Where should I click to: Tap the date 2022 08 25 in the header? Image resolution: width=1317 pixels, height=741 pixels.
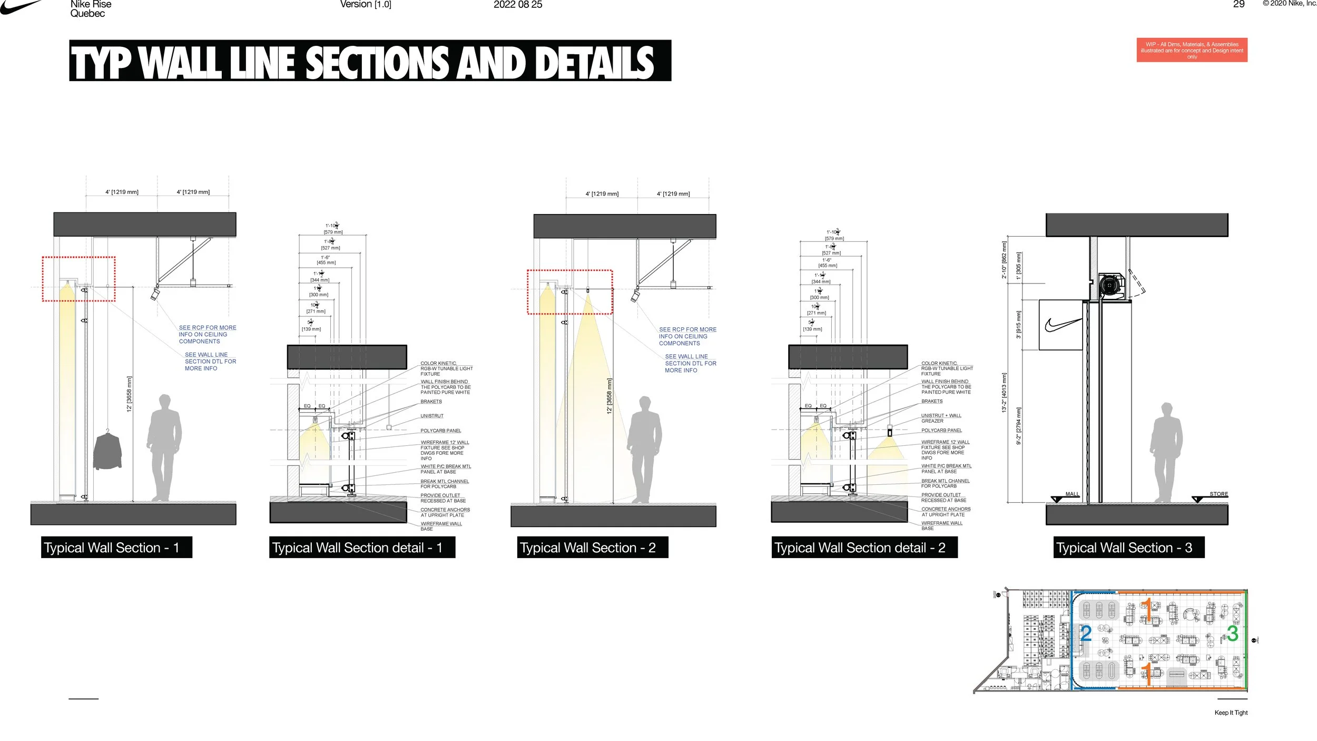point(517,5)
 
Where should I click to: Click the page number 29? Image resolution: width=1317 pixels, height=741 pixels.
point(1239,4)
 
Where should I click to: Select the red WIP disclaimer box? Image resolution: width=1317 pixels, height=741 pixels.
point(1192,50)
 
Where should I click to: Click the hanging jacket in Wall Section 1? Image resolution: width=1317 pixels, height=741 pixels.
point(107,451)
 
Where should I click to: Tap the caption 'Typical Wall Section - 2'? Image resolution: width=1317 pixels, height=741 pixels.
point(592,548)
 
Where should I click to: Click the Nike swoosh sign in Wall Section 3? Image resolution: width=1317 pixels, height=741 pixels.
point(1061,325)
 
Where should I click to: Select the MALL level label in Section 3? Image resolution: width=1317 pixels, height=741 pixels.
point(1072,494)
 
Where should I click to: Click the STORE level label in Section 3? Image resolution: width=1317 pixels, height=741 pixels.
point(1218,494)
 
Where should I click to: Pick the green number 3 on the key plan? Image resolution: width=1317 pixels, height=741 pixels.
point(1232,633)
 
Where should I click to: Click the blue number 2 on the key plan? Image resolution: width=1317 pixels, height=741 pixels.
point(1086,633)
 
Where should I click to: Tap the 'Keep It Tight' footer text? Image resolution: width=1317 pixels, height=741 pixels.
point(1231,713)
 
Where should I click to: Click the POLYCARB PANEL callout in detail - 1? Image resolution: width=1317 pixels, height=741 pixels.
point(440,431)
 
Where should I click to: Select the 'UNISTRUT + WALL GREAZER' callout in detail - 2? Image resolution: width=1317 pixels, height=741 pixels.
point(941,418)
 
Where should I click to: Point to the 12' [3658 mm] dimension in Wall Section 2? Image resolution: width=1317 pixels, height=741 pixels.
point(609,396)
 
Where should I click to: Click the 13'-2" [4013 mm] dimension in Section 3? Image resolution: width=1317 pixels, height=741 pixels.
point(1004,393)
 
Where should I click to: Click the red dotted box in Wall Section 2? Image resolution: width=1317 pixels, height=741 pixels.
point(570,292)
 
